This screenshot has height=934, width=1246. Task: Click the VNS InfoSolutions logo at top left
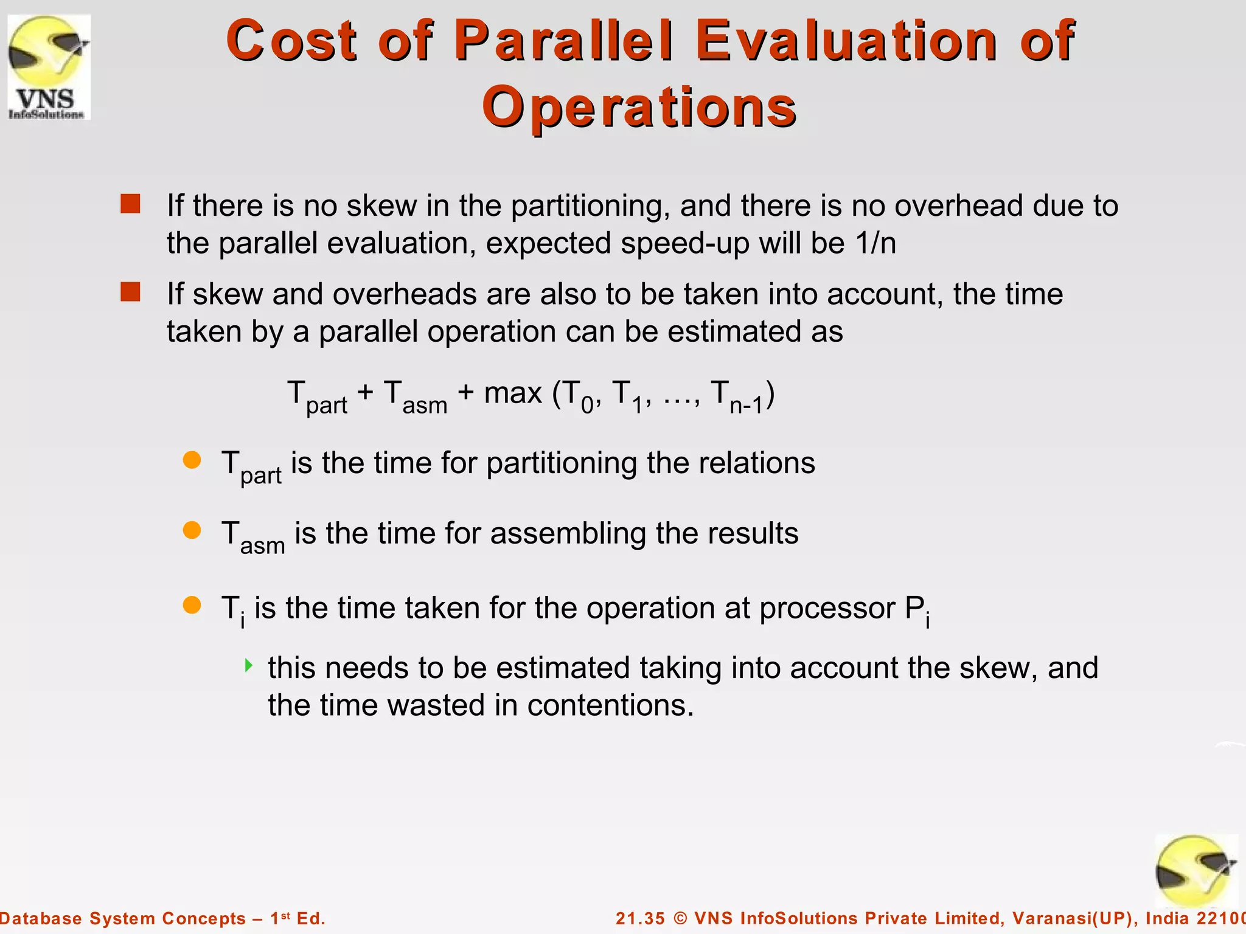(x=49, y=67)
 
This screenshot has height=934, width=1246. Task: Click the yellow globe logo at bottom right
(x=1196, y=871)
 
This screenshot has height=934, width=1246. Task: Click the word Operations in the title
(x=639, y=107)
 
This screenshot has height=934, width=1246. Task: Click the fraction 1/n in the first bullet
(x=875, y=243)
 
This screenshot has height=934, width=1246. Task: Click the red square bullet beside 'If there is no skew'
(x=130, y=204)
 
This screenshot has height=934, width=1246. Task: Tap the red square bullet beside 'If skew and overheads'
(x=130, y=292)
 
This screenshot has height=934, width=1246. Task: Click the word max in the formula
(x=512, y=393)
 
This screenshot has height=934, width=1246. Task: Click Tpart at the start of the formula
(x=316, y=396)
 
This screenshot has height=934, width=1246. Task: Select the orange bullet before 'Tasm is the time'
(x=192, y=530)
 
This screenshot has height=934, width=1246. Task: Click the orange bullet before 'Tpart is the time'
(x=192, y=460)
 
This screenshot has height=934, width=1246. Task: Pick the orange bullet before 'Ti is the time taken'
(x=192, y=605)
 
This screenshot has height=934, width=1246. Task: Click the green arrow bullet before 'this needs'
(x=248, y=665)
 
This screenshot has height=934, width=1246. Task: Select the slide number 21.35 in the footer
(x=640, y=918)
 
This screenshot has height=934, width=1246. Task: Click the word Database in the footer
(x=41, y=918)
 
